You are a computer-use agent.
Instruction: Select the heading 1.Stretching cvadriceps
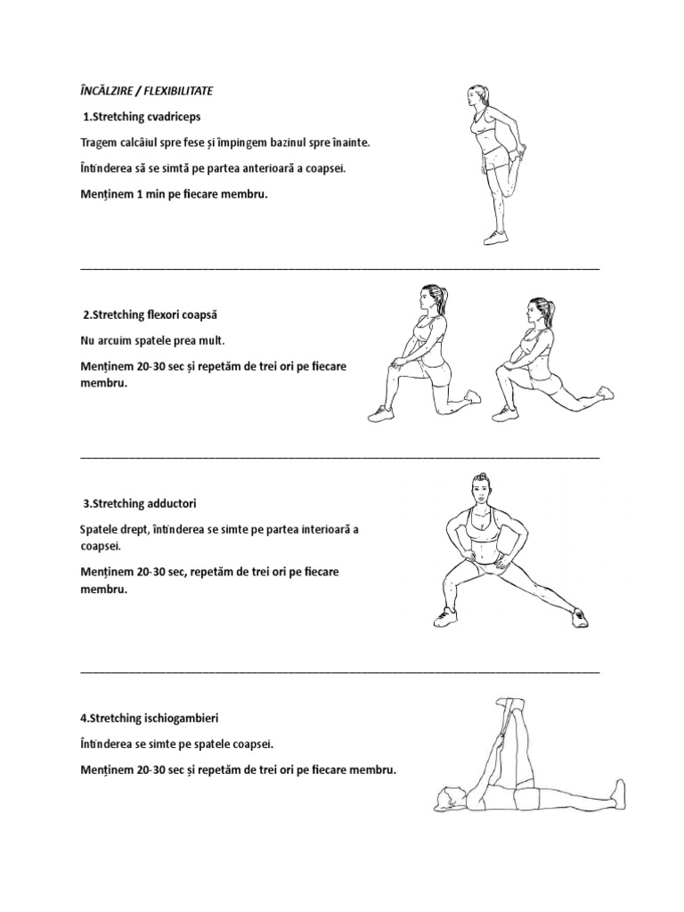[142, 117]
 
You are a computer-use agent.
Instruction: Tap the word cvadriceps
[174, 117]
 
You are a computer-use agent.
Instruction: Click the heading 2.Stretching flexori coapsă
[150, 314]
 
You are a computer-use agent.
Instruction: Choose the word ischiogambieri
[181, 719]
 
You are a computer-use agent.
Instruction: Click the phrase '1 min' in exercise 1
[151, 194]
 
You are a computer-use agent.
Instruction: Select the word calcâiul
[137, 142]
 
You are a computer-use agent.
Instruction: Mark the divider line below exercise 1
[339, 268]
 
